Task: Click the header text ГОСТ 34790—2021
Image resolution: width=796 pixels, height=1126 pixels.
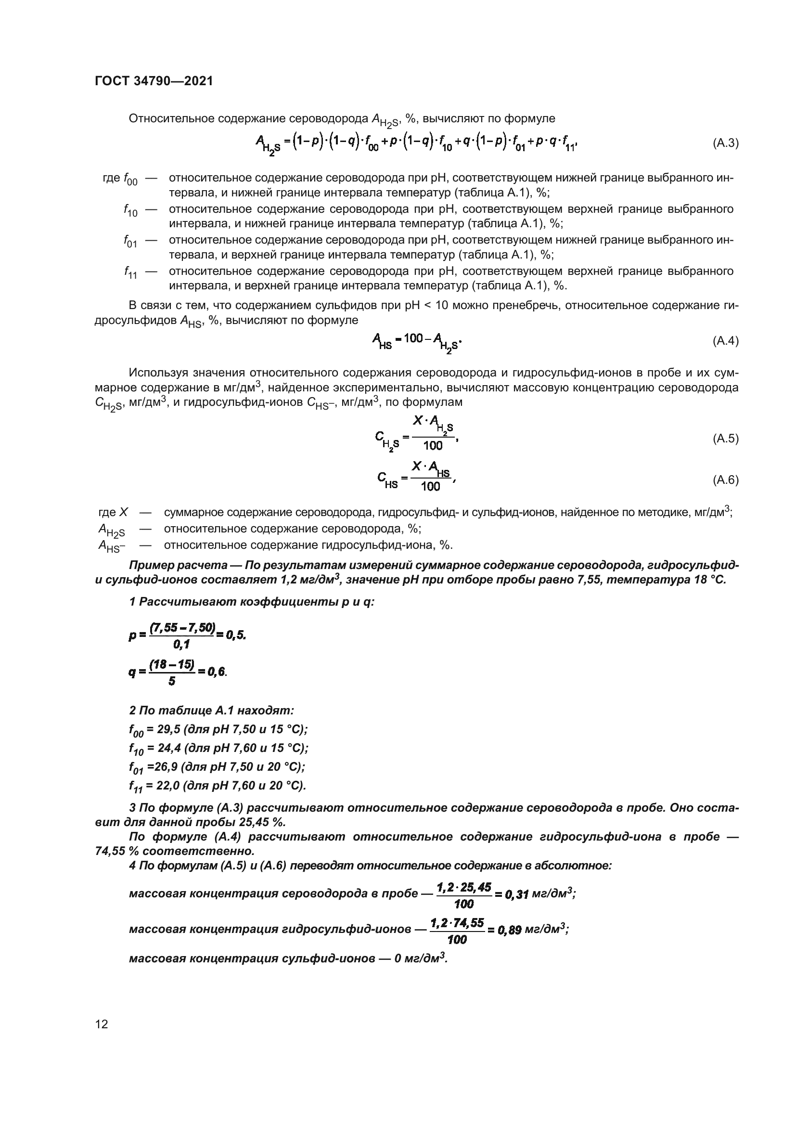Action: (x=154, y=81)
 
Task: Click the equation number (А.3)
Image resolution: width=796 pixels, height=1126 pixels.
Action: (x=725, y=143)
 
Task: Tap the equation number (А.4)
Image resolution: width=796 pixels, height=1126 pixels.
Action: (x=725, y=341)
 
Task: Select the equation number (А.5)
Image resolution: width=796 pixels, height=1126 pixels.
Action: (x=725, y=439)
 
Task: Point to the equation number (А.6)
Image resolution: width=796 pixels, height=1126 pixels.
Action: (x=725, y=479)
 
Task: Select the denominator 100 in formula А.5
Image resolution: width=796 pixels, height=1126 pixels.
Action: (x=433, y=445)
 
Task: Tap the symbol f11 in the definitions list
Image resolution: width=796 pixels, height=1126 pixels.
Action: (x=130, y=272)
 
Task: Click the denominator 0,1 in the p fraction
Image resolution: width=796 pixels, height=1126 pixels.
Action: (x=181, y=645)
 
